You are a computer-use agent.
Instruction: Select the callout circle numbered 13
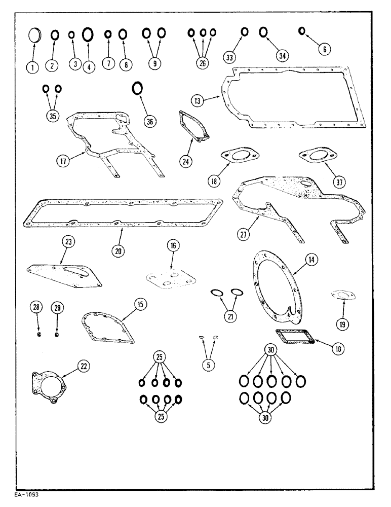[198, 100]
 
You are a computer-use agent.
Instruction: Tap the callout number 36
[149, 121]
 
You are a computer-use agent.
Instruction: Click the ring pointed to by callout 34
[264, 33]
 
